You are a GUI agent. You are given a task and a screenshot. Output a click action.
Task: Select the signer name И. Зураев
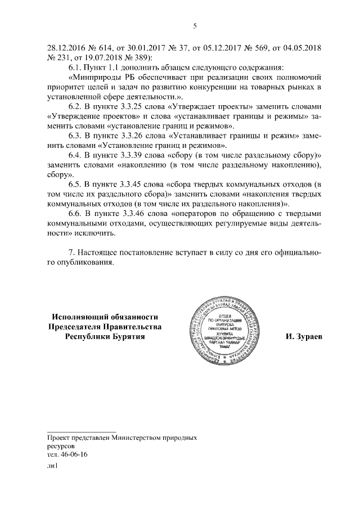303,337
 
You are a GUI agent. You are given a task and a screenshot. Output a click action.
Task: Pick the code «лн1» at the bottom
53,466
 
